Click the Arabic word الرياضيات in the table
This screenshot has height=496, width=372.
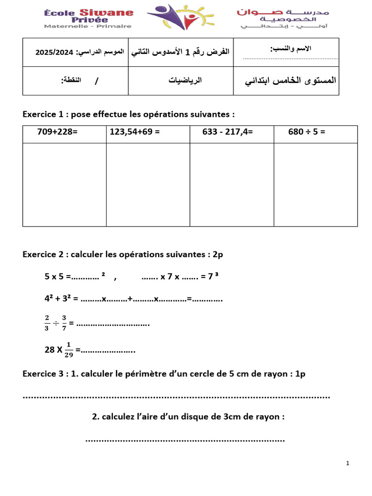(x=185, y=80)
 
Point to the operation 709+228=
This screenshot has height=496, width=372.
(x=57, y=131)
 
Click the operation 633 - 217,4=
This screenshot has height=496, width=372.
(x=228, y=131)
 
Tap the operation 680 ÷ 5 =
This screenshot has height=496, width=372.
(x=307, y=131)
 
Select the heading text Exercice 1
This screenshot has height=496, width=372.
(x=43, y=114)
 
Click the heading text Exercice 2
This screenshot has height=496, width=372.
(x=43, y=255)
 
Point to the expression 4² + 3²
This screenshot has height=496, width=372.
(x=61, y=299)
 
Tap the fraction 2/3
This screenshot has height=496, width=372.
(x=47, y=322)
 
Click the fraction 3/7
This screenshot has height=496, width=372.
(x=63, y=322)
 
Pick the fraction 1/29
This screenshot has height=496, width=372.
(x=68, y=349)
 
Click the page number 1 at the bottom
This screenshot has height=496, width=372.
(x=348, y=464)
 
